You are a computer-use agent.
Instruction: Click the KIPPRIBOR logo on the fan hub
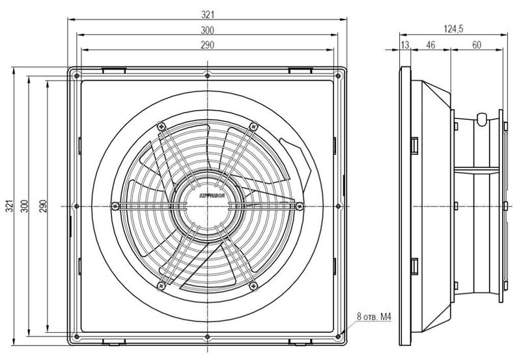213,195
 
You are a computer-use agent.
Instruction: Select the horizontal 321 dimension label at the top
208,14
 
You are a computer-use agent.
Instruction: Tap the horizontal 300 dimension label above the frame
207,30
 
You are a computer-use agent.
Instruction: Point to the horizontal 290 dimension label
207,45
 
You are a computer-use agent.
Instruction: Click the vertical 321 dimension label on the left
10,206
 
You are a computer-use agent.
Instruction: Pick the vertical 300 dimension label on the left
25,206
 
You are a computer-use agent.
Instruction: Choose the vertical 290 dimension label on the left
43,206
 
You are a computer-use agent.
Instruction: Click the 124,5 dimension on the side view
453,29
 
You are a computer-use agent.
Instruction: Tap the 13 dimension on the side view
405,45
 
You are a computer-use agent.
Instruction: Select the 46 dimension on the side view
430,45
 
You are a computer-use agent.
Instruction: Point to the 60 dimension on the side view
477,45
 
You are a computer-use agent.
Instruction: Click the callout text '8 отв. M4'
374,317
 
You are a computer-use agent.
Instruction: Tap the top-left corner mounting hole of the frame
77,76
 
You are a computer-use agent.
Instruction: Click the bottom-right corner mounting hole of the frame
338,337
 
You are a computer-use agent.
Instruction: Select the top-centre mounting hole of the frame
207,76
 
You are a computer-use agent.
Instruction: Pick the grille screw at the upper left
161,126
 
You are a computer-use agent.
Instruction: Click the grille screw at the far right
300,206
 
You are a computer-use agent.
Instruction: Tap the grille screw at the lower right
253,286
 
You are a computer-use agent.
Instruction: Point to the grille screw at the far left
115,206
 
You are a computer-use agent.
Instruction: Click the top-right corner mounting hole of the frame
338,76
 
